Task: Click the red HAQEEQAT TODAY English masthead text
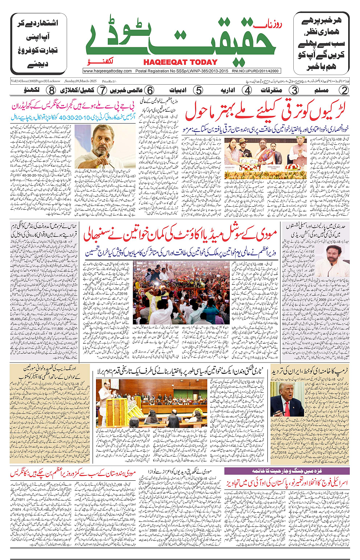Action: tap(180, 63)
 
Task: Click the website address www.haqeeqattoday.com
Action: tap(107, 71)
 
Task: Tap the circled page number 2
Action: tap(344, 90)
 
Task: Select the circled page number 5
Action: tap(198, 90)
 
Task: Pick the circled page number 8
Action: tap(51, 90)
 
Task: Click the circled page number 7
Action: tap(102, 90)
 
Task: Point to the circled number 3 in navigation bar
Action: tap(294, 90)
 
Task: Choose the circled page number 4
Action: tap(247, 90)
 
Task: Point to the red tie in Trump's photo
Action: tap(287, 409)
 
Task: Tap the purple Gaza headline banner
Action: tap(286, 471)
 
